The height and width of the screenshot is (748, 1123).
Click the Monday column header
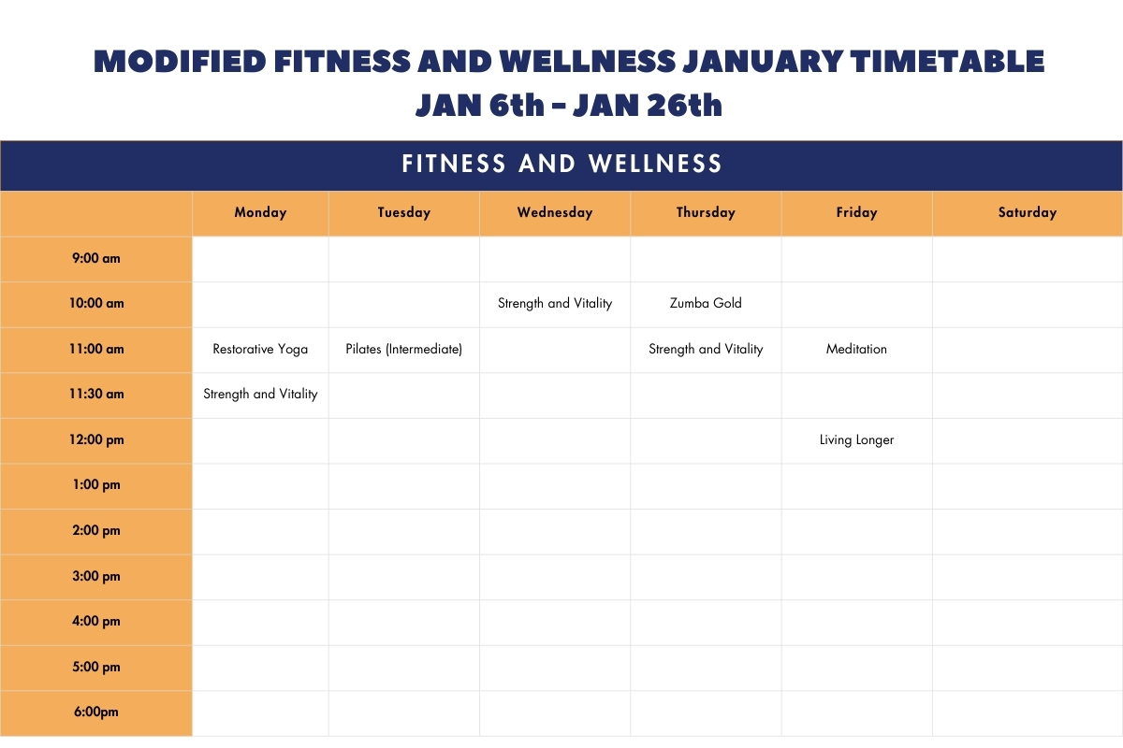(x=260, y=212)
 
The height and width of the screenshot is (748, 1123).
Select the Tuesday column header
(x=404, y=212)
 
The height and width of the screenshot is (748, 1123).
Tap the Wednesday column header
(x=555, y=212)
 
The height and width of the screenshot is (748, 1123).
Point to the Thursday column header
(x=706, y=212)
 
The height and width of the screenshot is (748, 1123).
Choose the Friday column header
(x=857, y=212)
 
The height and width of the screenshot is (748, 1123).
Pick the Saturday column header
(x=1028, y=212)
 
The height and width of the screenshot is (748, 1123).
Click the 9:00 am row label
(x=96, y=258)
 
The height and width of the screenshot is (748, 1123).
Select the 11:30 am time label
(x=96, y=394)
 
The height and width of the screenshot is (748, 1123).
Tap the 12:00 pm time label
(x=96, y=439)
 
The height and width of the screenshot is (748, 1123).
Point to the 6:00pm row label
(x=96, y=712)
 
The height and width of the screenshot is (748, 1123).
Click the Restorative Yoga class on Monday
(x=260, y=349)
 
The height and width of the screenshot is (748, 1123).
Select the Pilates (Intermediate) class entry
(x=404, y=349)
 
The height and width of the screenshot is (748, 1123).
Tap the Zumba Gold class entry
(x=706, y=303)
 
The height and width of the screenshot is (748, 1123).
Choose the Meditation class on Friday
(x=857, y=349)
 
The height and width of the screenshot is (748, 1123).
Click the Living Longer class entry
(x=857, y=439)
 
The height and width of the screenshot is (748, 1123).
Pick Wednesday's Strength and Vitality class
(x=555, y=304)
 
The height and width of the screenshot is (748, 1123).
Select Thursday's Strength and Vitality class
(x=706, y=349)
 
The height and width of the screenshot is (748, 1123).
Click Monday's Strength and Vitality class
(x=260, y=395)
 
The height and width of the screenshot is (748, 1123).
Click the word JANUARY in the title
(x=763, y=61)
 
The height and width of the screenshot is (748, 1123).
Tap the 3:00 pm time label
(x=96, y=576)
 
